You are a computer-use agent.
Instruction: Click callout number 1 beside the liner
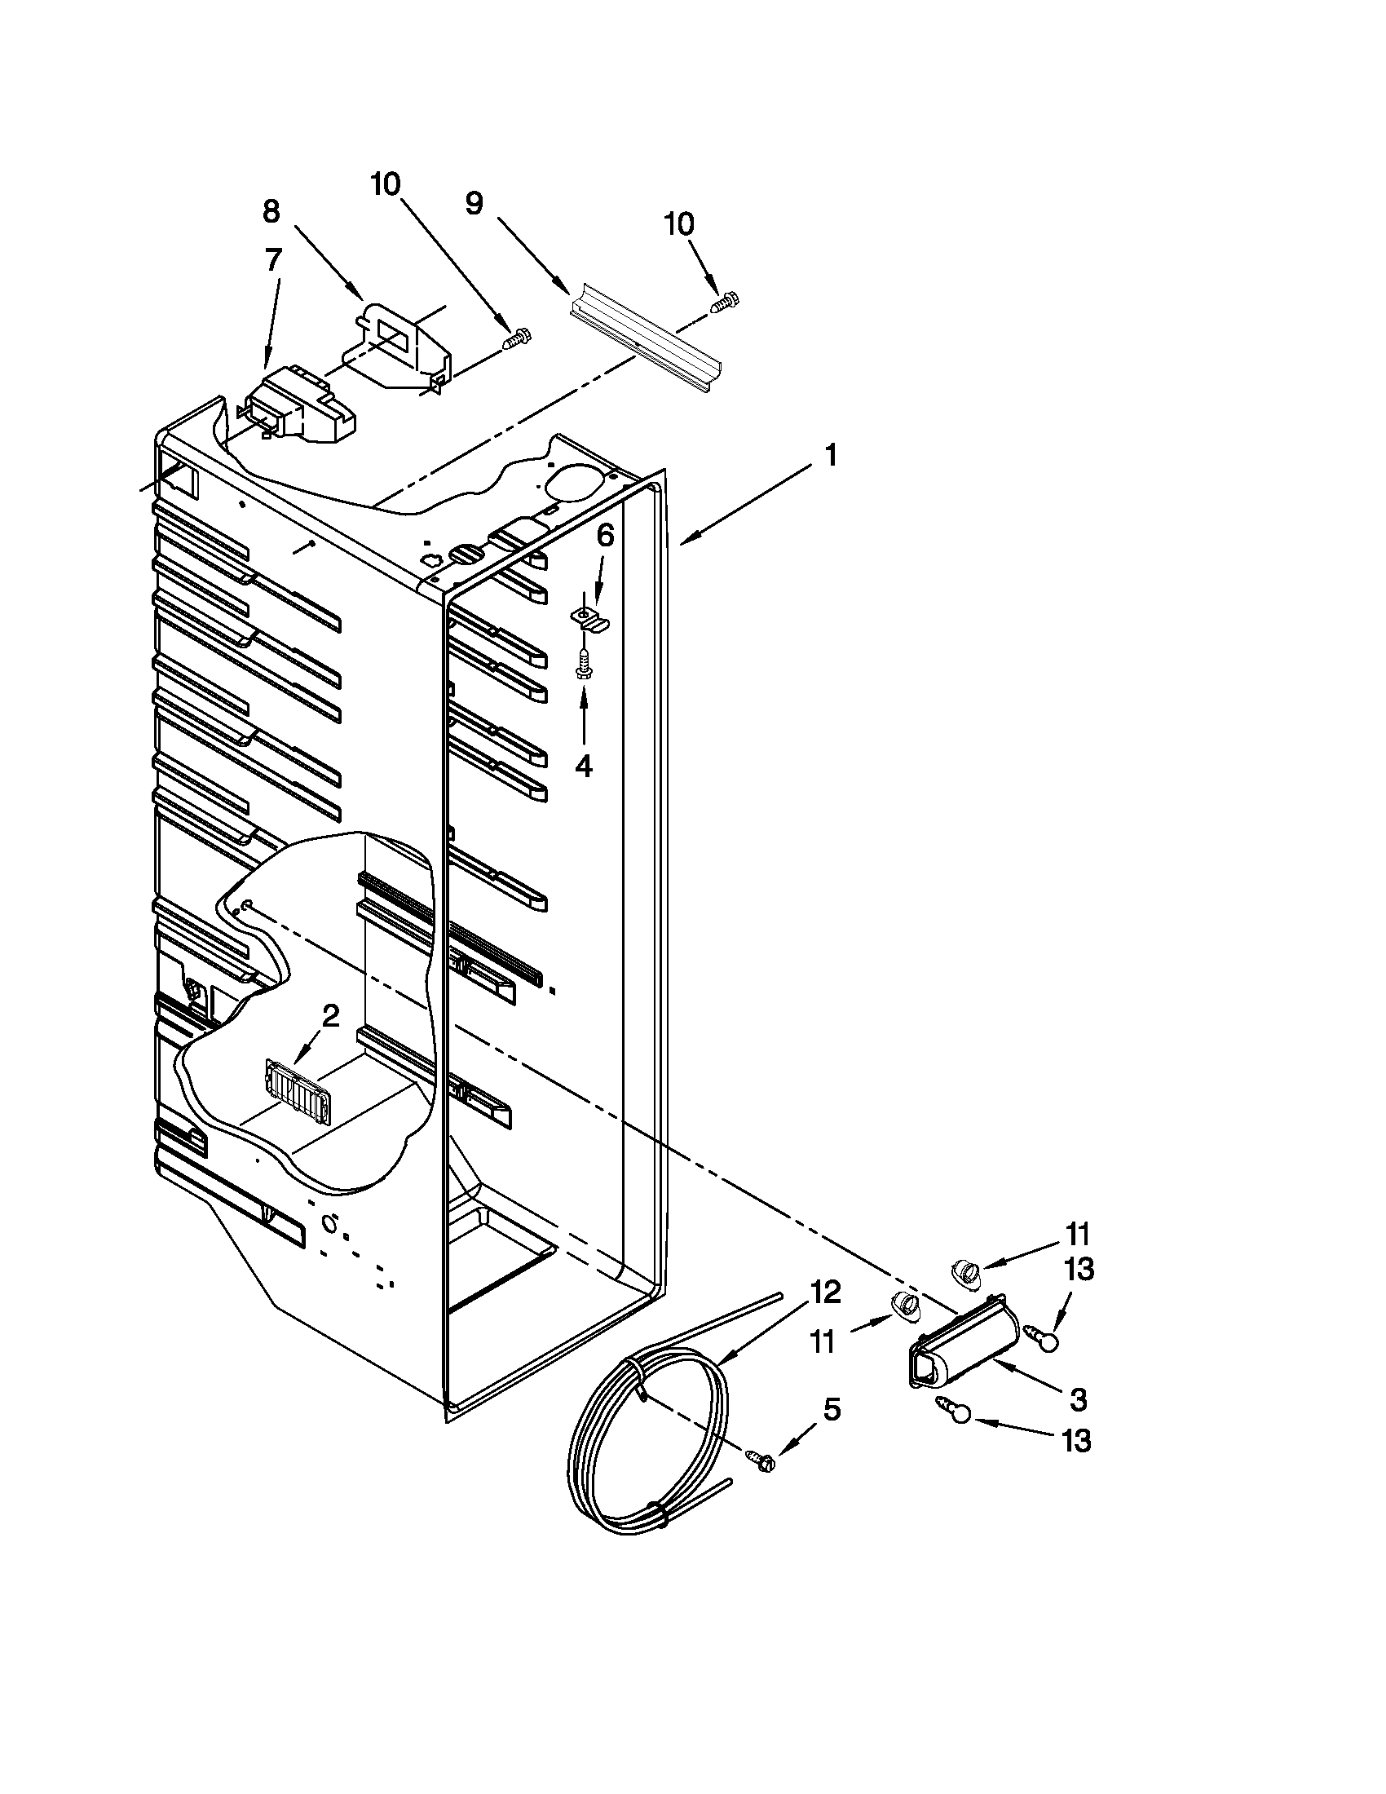coord(831,455)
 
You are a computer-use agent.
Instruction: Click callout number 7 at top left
coord(273,260)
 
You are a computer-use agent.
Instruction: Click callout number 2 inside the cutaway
coord(330,1016)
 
